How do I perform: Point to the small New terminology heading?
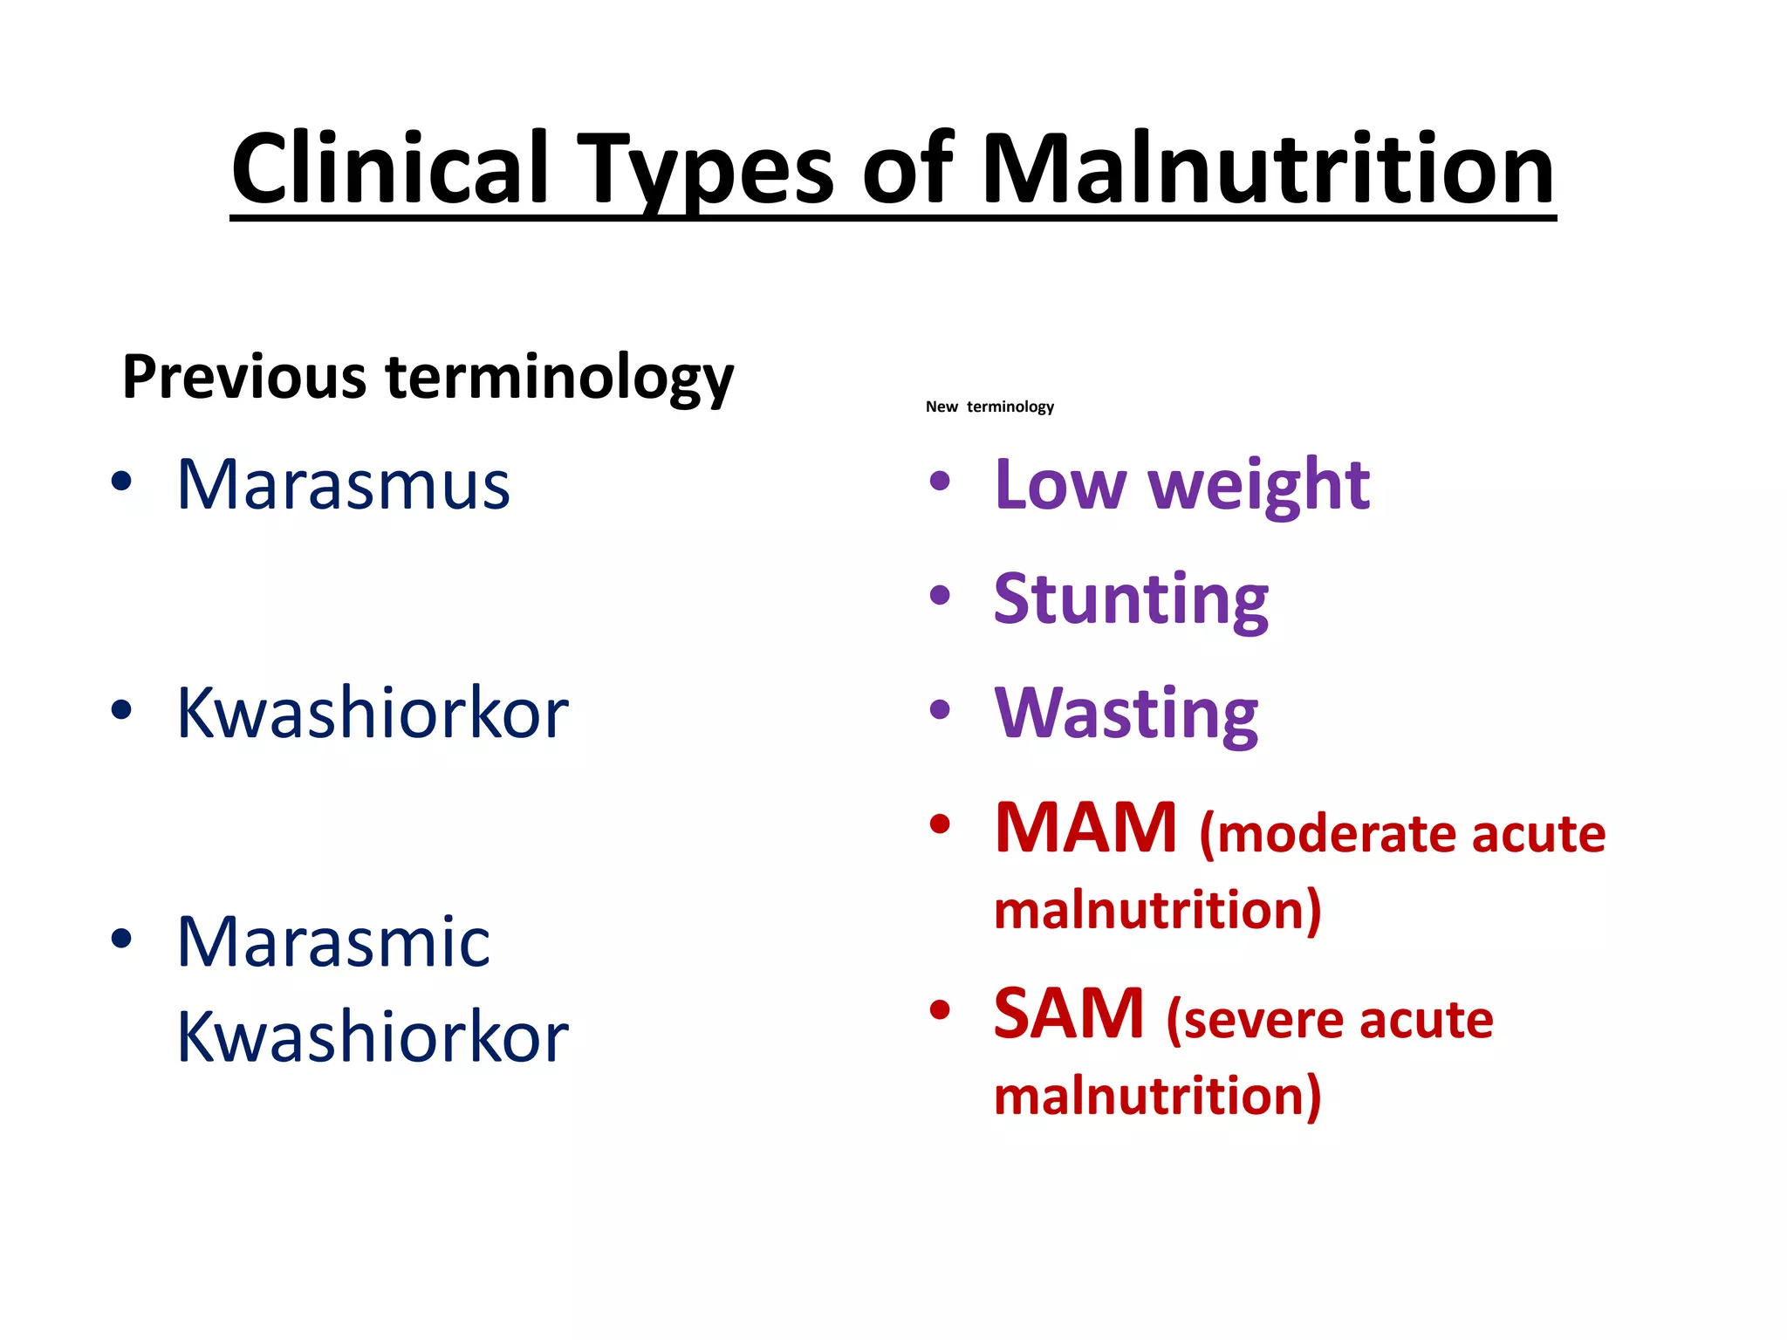coord(989,407)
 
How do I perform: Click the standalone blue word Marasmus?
coord(343,485)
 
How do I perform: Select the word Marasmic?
coord(333,943)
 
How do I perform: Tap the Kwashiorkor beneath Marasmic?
coord(373,1037)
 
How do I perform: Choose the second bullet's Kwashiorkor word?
coord(373,714)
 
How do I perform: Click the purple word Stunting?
coord(1131,600)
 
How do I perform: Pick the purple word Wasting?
coord(1126,714)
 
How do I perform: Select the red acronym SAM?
coord(1069,1014)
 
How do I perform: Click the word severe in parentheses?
coord(1256,1020)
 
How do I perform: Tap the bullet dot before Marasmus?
coord(121,481)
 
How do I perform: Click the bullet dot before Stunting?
coord(940,596)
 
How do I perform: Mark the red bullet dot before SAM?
coord(940,1010)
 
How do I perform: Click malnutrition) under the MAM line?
coord(1158,911)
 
